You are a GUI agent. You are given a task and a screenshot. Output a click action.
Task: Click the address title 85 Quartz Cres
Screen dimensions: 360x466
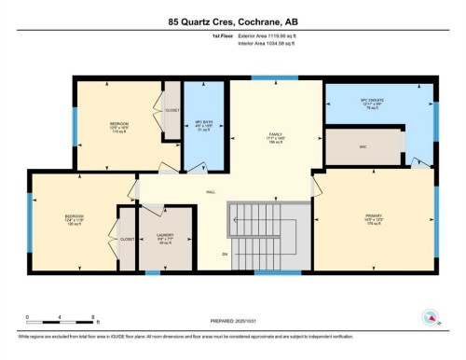(x=232, y=21)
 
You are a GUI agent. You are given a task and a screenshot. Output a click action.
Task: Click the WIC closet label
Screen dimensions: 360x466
(x=363, y=146)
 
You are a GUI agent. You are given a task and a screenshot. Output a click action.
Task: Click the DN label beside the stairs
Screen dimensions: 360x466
(x=224, y=254)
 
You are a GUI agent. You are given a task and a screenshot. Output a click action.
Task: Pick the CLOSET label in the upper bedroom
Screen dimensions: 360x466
(x=172, y=110)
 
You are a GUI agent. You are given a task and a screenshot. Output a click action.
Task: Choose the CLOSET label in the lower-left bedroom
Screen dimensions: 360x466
(x=126, y=239)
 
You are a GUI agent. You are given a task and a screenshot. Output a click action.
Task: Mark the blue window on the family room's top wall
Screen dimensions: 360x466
(x=276, y=77)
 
